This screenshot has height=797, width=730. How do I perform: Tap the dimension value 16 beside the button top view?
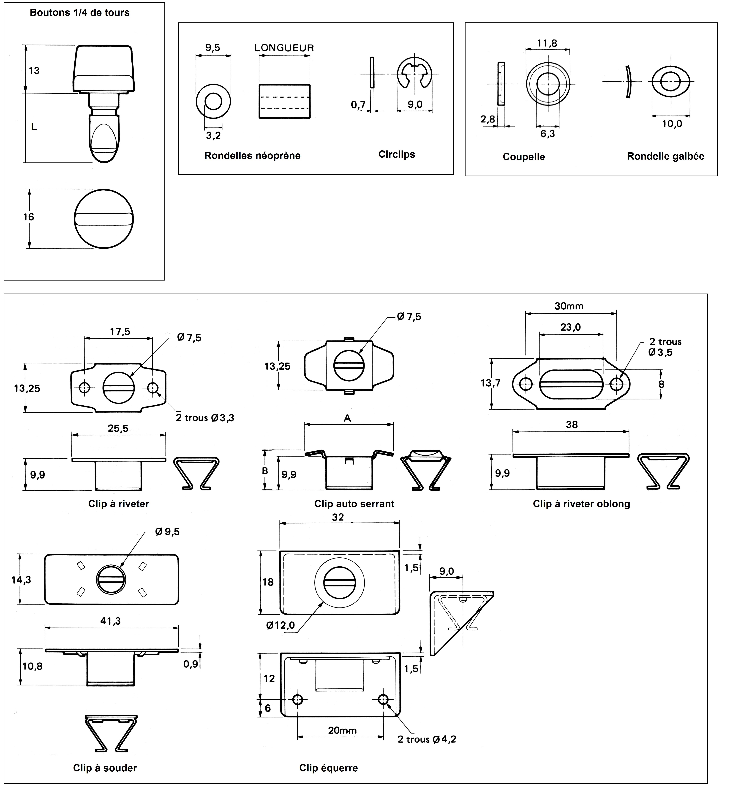point(28,217)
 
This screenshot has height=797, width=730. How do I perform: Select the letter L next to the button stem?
point(34,127)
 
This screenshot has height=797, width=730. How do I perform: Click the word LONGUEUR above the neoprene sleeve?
point(284,48)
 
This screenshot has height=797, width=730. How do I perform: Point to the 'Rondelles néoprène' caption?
point(252,156)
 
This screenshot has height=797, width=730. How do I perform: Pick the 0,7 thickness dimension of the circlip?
point(358,105)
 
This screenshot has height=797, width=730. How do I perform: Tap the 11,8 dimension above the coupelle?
point(547,43)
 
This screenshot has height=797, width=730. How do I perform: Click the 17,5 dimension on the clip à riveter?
point(120,332)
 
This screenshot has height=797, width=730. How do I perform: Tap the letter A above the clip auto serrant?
point(347,418)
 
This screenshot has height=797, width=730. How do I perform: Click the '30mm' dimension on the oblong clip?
point(569,306)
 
